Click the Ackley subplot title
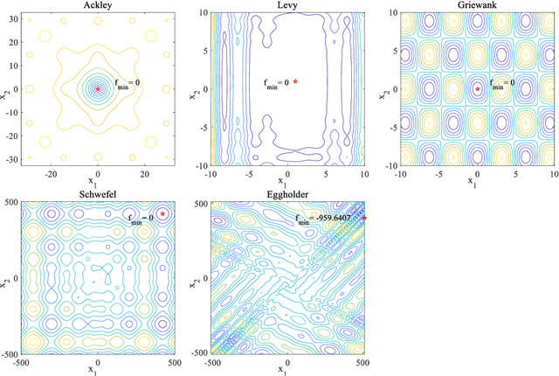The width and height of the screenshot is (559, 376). [x=98, y=6]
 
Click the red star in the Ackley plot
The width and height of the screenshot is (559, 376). [x=98, y=88]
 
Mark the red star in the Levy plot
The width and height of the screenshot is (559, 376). [x=296, y=81]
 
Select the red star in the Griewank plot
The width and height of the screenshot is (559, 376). [x=477, y=88]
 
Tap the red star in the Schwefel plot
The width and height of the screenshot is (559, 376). [x=162, y=212]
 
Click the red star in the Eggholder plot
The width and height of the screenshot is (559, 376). [x=364, y=218]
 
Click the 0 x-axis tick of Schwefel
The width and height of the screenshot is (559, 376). [x=98, y=362]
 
